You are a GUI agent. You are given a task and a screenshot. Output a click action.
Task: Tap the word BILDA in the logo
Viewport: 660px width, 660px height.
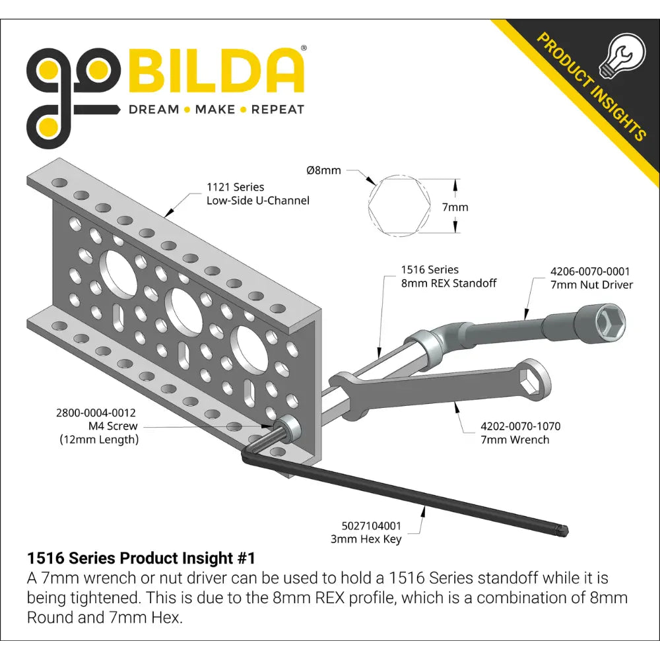[214, 71]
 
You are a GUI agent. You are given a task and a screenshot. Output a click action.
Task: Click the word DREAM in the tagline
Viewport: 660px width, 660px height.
[154, 110]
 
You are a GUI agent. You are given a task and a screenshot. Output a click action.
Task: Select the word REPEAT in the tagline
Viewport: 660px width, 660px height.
[278, 110]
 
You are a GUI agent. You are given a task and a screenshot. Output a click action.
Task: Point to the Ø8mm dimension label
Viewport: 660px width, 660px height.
[323, 170]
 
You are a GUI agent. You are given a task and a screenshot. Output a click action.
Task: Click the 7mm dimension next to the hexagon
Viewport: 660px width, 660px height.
[455, 207]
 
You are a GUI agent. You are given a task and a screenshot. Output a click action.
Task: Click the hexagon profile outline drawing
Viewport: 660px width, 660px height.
[399, 206]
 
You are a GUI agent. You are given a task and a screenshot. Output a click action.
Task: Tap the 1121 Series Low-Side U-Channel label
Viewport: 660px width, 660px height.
[257, 193]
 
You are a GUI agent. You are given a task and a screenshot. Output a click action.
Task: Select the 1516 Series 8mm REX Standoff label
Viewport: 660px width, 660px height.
[449, 276]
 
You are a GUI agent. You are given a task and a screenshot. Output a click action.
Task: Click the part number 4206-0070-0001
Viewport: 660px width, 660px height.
[590, 271]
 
